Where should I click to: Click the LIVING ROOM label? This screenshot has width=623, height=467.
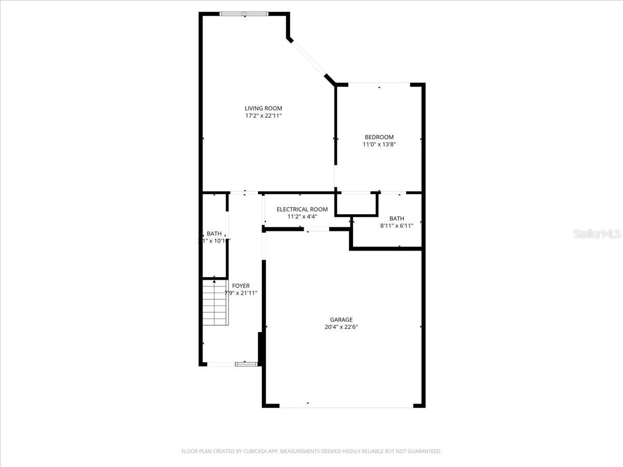click(x=263, y=108)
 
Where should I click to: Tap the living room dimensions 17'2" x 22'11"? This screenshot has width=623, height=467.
click(x=263, y=116)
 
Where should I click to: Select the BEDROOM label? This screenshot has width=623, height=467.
click(x=379, y=137)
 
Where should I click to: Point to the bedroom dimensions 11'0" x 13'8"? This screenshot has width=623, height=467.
click(x=379, y=145)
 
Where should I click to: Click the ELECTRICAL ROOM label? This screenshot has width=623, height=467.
click(x=302, y=209)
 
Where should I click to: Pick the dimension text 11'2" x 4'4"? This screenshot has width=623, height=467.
click(x=302, y=216)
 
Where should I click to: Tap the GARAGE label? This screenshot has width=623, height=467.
click(x=341, y=320)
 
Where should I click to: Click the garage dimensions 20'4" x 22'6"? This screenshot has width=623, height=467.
click(x=341, y=327)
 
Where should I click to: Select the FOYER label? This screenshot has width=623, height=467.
click(x=241, y=286)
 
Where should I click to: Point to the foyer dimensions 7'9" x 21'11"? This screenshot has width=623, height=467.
click(x=241, y=293)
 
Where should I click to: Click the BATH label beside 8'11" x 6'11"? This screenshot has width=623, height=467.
click(x=397, y=218)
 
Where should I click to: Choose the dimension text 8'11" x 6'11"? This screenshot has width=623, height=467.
click(x=397, y=226)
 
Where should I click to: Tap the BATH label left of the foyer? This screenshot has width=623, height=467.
click(x=214, y=233)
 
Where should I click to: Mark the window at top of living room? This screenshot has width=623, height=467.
click(x=244, y=13)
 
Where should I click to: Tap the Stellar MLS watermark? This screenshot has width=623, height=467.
click(x=597, y=234)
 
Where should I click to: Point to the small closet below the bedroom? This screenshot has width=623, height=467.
click(x=356, y=204)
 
